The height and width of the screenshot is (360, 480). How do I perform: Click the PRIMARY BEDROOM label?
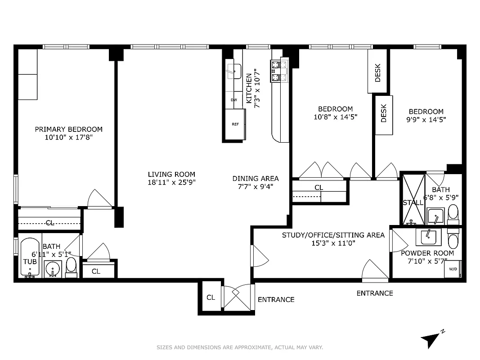(69, 129)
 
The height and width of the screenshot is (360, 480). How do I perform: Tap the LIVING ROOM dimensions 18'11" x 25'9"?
(171, 182)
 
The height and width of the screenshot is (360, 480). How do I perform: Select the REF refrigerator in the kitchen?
(235, 125)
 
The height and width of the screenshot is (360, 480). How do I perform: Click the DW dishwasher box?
(234, 100)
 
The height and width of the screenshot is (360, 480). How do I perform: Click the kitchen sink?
(233, 71)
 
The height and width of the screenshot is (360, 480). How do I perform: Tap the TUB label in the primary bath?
(30, 261)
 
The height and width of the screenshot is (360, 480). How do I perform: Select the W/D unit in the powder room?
(452, 269)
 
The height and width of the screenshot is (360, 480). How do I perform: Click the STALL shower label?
(413, 202)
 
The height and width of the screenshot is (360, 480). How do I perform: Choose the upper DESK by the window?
(377, 72)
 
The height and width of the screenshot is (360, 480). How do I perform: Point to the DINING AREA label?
(256, 178)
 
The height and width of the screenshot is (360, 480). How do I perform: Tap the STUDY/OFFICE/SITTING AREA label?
(333, 235)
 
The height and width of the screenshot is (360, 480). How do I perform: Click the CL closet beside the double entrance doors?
(211, 297)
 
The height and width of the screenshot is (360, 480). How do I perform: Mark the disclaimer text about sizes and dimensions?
(240, 347)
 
